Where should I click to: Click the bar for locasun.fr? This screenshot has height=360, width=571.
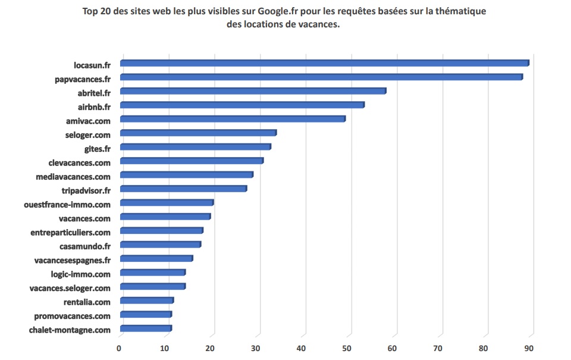[324, 63]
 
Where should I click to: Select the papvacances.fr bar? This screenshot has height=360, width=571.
[321, 77]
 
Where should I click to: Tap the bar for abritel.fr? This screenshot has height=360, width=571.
[253, 91]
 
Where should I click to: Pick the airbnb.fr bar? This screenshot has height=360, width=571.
[242, 105]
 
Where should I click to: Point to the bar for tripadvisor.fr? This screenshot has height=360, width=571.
[183, 189]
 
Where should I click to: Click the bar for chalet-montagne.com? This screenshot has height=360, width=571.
[146, 328]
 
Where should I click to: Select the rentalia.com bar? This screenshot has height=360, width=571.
[146, 300]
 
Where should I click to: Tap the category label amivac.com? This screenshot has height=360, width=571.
[88, 120]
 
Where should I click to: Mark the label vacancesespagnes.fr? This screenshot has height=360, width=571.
[73, 260]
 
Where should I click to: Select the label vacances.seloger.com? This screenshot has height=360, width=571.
[70, 288]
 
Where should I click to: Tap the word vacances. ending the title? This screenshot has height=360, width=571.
[319, 25]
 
